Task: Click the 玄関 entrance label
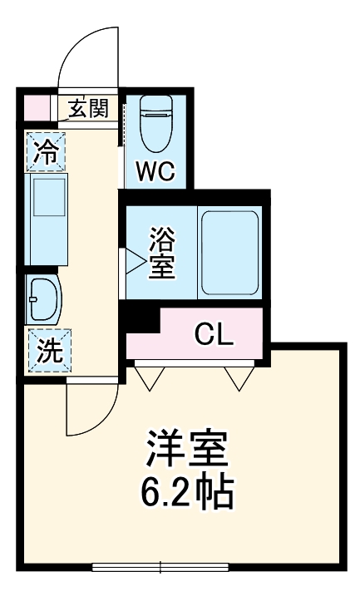click(88, 108)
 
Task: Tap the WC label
click(155, 171)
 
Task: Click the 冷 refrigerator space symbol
click(47, 151)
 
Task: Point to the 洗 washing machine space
click(47, 349)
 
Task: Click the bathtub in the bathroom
click(229, 253)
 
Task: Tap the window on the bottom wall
click(160, 569)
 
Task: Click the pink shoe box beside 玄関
click(35, 108)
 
